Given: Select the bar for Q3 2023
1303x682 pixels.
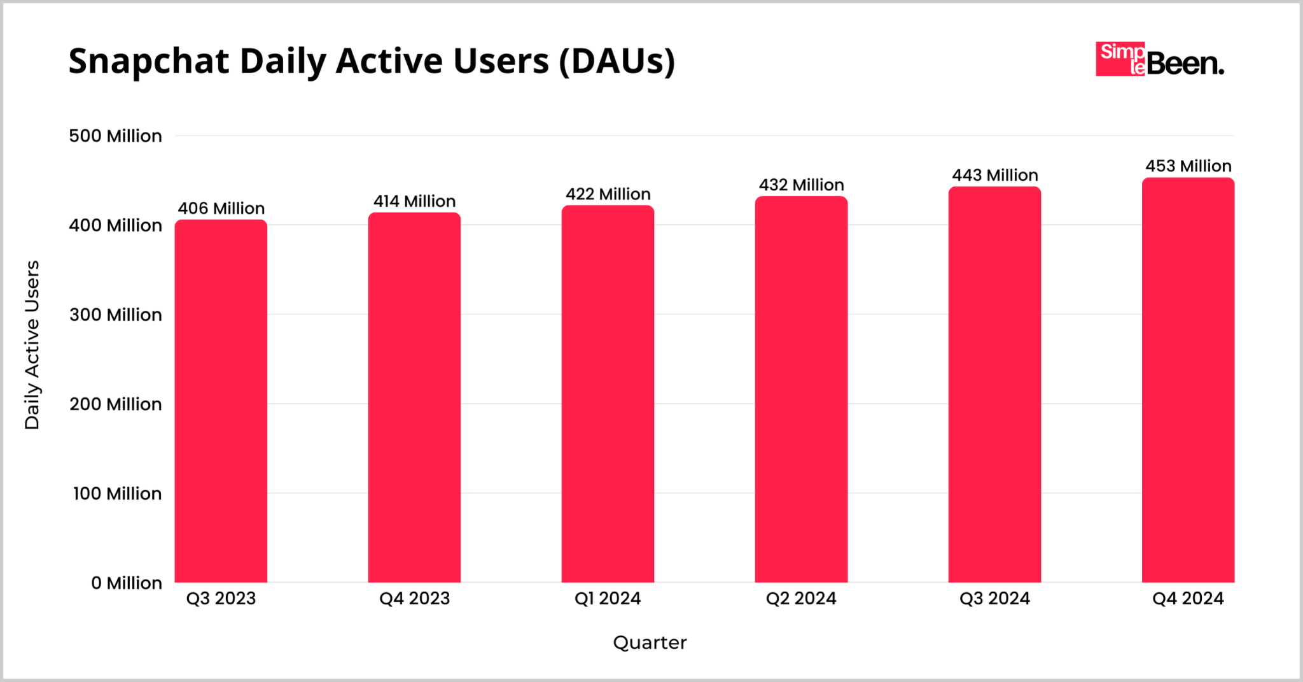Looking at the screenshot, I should point(221,401).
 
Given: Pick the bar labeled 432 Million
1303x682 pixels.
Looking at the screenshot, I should point(801,389).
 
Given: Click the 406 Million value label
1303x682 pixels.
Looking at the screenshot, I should point(221,208).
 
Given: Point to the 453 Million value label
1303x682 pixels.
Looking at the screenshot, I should point(1188,166).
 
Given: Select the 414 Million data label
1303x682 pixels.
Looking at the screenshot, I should point(414,201).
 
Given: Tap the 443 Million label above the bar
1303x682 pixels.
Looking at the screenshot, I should point(994,175).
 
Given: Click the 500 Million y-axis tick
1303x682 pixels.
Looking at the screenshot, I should point(115,136).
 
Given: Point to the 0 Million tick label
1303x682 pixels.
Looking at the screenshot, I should point(126,583).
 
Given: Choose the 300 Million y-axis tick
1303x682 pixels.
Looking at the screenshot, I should point(115,315).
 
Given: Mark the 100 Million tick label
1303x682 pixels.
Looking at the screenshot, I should point(117,494).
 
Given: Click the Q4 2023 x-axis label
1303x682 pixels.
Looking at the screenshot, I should point(414,599).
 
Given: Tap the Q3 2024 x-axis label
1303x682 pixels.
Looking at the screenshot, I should point(994,599).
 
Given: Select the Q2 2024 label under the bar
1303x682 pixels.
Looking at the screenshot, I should point(801,599).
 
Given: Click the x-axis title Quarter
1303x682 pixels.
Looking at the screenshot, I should point(650,643).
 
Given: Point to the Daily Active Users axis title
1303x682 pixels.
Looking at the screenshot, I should point(32,345).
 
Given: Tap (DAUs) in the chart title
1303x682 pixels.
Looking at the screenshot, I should point(617,62).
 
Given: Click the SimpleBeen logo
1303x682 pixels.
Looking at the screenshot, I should point(1159,60).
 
